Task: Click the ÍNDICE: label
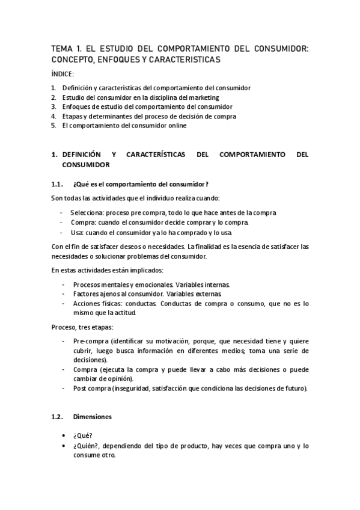coord(63,74)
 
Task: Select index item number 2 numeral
coord(53,97)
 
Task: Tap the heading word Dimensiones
coord(92,416)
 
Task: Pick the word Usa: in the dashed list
coord(78,232)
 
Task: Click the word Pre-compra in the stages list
coord(90,340)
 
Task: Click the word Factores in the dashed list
coord(87,293)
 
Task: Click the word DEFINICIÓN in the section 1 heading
coord(90,155)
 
